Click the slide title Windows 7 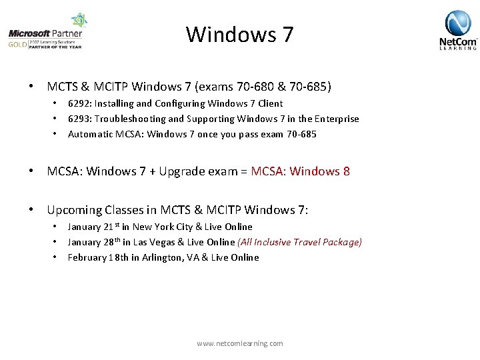point(239,34)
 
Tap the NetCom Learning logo point(458,30)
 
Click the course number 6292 point(79,103)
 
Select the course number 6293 point(79,119)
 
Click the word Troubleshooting point(129,119)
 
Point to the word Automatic point(90,134)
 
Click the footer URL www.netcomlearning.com point(240,343)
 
